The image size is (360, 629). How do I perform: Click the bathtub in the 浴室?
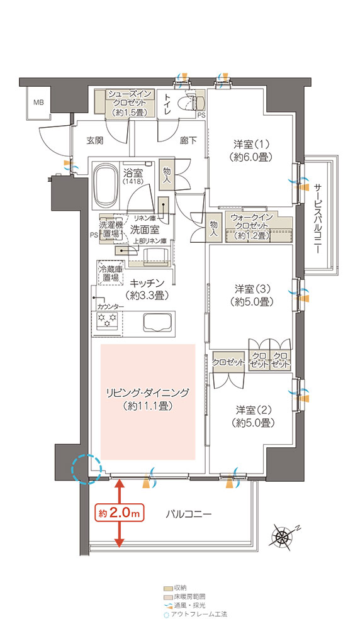tap(106, 185)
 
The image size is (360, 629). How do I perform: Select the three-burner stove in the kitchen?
tap(108, 320)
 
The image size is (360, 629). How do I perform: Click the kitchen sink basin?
tap(159, 321)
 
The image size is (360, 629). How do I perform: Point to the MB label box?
tap(38, 103)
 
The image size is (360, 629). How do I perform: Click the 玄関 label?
tap(95, 140)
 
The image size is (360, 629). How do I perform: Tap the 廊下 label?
tap(188, 140)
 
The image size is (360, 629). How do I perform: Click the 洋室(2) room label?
tap(253, 416)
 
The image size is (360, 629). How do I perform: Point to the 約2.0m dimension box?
tap(119, 513)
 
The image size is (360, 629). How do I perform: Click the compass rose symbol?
tap(283, 535)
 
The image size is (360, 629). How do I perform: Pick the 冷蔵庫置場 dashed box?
tap(110, 273)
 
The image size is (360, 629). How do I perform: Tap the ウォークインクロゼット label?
tap(252, 226)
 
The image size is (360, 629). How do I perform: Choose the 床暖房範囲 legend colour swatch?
tap(168, 596)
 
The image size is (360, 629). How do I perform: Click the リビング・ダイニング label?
tap(147, 399)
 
